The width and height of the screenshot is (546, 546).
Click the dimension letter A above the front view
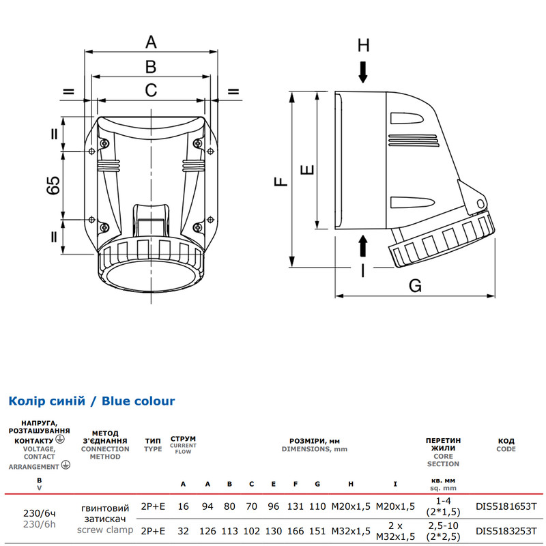151,42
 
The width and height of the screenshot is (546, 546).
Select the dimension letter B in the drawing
151,66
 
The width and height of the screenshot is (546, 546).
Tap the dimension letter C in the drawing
151,90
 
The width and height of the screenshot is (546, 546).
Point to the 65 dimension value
53,185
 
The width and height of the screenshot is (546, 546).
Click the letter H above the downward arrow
363,45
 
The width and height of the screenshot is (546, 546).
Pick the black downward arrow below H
363,72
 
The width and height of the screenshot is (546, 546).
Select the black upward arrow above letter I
363,246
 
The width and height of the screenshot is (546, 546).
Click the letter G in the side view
415,285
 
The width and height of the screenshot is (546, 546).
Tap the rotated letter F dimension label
281,182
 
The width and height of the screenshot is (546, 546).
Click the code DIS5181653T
506,506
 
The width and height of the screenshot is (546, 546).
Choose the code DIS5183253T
506,531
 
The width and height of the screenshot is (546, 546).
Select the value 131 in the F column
296,506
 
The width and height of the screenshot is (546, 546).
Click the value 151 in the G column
317,531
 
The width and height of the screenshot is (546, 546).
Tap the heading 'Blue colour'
139,401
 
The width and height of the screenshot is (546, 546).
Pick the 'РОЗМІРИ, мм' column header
315,441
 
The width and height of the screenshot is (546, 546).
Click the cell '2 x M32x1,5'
395,531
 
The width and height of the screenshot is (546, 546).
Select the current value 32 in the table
183,531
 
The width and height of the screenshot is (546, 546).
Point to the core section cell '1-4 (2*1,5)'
443,506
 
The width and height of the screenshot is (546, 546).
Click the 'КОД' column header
506,441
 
